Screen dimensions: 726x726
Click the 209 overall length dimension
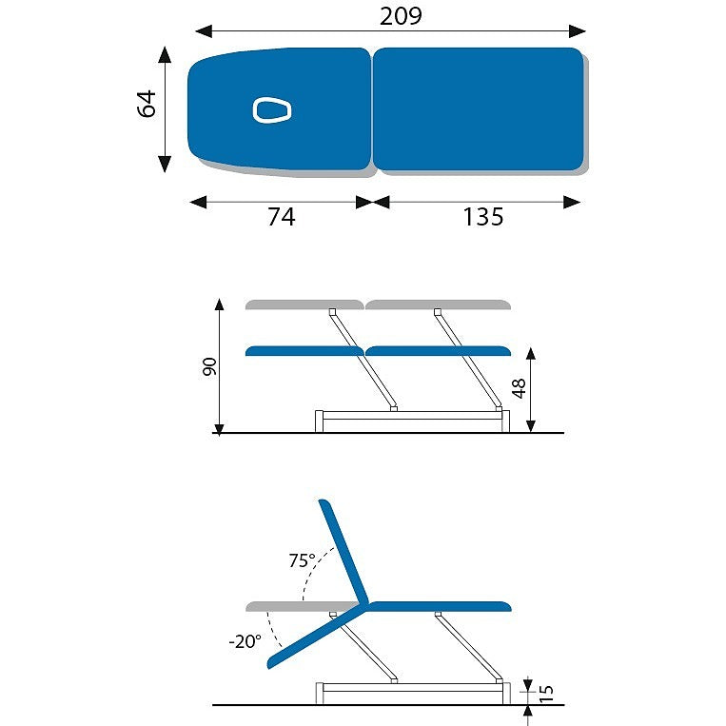tap(401, 16)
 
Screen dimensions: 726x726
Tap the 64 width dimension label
tap(147, 104)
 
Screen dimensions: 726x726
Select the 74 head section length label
tap(281, 217)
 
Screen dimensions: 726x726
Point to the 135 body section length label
tap(483, 217)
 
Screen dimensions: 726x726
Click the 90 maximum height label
tap(209, 366)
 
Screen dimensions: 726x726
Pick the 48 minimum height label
tap(519, 388)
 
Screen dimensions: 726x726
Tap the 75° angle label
tap(302, 560)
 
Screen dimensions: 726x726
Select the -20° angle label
tap(245, 641)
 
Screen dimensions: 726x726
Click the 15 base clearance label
tap(546, 693)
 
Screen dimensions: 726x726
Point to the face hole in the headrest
tap(272, 110)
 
